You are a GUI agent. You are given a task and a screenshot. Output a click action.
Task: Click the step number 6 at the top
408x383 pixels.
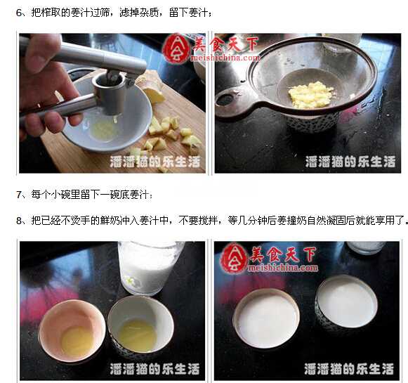pos(20,13)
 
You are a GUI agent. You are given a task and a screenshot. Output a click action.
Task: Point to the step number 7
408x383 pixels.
pos(20,193)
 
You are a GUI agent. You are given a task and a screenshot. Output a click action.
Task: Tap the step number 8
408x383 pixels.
pos(20,219)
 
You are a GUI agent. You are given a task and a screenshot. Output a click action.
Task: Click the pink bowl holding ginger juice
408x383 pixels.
pos(72,330)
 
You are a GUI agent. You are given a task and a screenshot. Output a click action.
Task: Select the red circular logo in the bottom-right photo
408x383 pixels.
pos(234,259)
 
